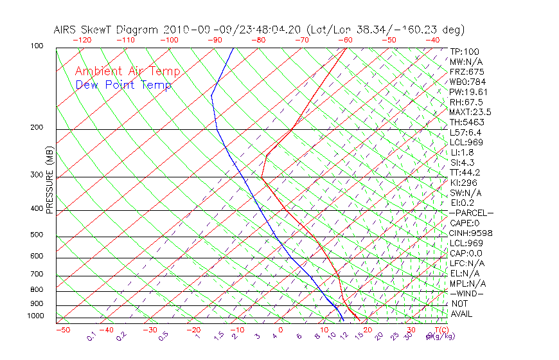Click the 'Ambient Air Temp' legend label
click(x=127, y=71)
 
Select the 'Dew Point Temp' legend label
click(x=123, y=85)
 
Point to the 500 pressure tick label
click(x=37, y=235)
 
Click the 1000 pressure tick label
click(x=37, y=317)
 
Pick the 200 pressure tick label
click(x=37, y=128)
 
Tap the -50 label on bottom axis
click(x=62, y=330)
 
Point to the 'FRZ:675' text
click(x=466, y=72)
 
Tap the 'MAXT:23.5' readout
click(x=470, y=112)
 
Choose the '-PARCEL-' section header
click(x=472, y=213)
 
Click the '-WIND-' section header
click(x=466, y=293)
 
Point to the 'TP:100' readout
click(x=465, y=51)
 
